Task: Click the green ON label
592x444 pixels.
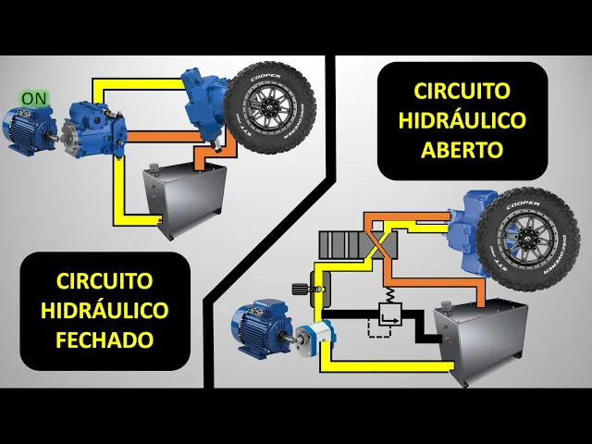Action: click(34, 99)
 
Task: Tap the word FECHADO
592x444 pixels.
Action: click(105, 339)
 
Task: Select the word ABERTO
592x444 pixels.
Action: click(462, 150)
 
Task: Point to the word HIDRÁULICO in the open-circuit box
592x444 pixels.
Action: click(462, 119)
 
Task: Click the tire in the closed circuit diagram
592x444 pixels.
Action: click(269, 108)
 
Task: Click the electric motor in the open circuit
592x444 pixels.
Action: click(263, 327)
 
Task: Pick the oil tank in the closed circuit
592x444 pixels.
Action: click(185, 201)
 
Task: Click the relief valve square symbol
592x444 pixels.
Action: click(390, 314)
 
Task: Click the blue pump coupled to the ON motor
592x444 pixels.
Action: click(94, 129)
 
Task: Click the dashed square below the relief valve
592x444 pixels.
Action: click(380, 327)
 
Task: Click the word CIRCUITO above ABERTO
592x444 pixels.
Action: click(462, 91)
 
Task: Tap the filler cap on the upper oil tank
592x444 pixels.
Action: click(154, 166)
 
